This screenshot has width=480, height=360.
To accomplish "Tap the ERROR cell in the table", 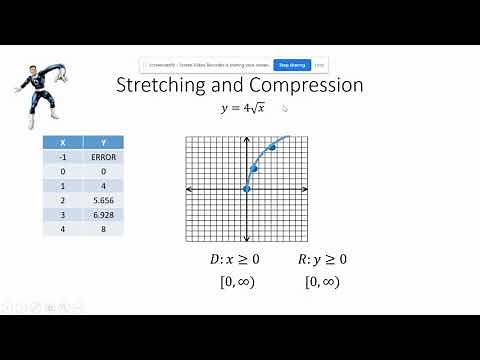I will (103, 157).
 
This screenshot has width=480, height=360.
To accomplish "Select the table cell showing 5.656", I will (103, 200).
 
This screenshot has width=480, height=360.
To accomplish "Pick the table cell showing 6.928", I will (103, 214).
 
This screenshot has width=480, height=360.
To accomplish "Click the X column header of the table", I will (62, 142).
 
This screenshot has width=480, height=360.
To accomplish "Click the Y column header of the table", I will (103, 142).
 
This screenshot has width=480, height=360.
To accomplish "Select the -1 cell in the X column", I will (62, 157).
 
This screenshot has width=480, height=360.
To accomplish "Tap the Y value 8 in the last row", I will (103, 228).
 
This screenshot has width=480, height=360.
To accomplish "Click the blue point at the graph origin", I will (247, 189).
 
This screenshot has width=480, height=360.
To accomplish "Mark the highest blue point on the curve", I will (271, 147).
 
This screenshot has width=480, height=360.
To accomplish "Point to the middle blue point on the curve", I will (254, 167).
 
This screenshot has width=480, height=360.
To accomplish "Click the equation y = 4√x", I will (246, 108).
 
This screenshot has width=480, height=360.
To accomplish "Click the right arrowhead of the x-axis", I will (306, 189).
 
